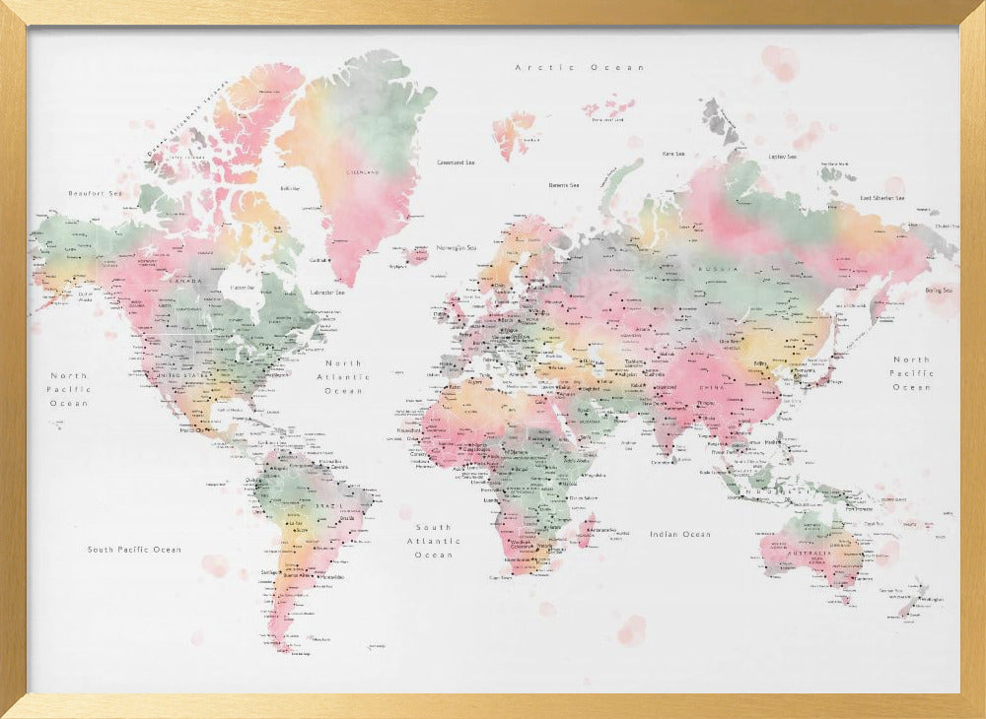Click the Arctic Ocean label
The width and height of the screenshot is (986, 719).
(580, 67)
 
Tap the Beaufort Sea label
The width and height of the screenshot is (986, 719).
(95, 193)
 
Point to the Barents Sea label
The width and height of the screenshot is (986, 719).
(564, 184)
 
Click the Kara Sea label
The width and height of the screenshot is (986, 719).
(674, 154)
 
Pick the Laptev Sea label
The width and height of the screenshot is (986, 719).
(782, 156)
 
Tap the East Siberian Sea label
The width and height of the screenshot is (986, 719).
(895, 198)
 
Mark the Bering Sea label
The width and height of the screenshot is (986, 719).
(939, 291)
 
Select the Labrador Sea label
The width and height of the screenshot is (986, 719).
(326, 292)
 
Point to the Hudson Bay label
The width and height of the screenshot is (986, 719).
(243, 287)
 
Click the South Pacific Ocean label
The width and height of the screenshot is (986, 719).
(134, 550)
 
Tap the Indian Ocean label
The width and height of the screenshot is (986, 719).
(679, 534)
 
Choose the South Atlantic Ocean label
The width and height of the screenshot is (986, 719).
(434, 541)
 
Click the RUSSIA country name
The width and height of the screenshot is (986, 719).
(712, 268)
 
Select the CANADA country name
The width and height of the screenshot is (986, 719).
(186, 282)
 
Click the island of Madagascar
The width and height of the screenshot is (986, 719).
(586, 530)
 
